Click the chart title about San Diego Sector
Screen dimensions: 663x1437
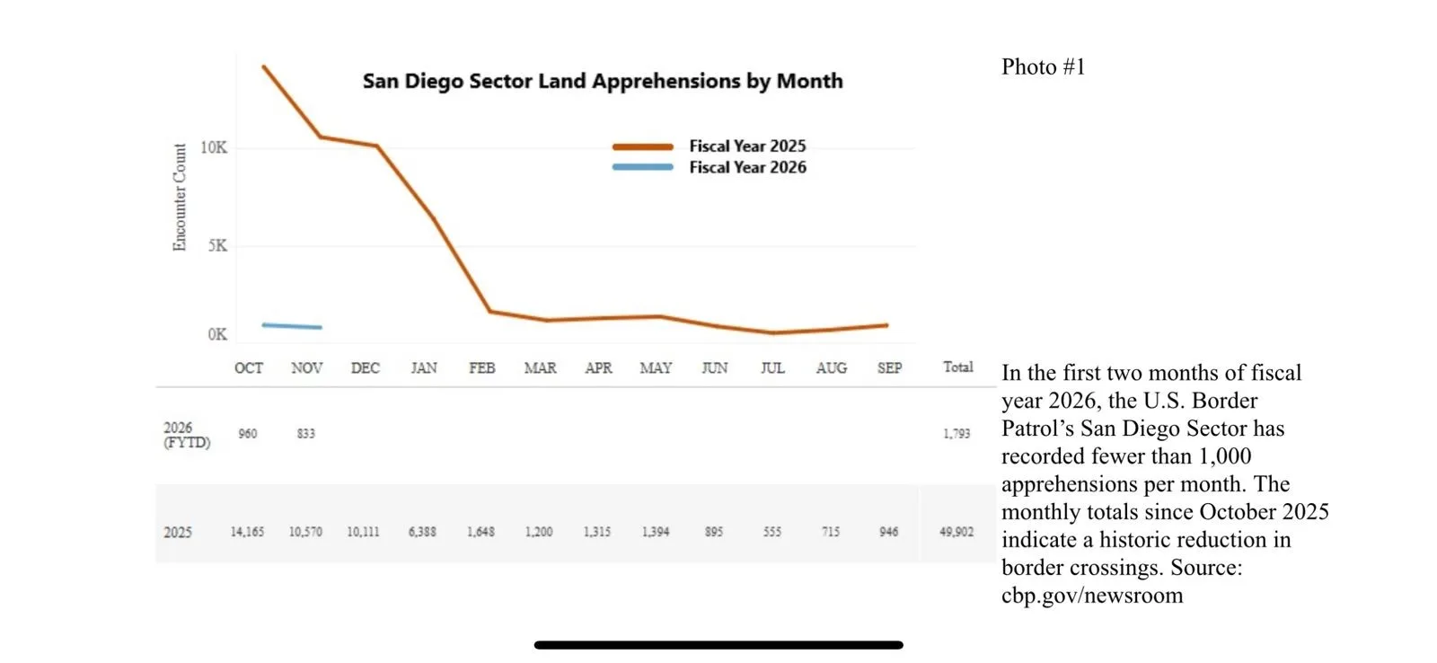click(x=603, y=81)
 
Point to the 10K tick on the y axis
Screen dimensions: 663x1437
click(x=214, y=147)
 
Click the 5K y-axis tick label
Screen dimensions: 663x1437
click(x=217, y=245)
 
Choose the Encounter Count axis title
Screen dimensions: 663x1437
click(x=180, y=197)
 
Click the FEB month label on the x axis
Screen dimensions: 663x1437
click(x=481, y=367)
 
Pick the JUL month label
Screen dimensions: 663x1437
click(x=772, y=367)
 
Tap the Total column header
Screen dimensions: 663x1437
click(x=957, y=367)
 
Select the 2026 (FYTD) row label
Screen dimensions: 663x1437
click(x=187, y=435)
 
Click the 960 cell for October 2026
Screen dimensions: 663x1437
click(x=248, y=434)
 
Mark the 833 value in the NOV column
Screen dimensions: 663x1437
click(x=306, y=434)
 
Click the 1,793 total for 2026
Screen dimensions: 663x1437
click(x=957, y=434)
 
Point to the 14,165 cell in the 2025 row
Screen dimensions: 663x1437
click(x=247, y=532)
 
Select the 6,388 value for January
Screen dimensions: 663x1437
click(x=422, y=532)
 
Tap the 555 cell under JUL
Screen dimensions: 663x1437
click(x=772, y=532)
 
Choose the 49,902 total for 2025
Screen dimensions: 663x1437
click(x=957, y=532)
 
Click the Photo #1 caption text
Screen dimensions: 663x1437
click(x=1043, y=67)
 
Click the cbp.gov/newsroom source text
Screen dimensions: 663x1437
click(x=1092, y=595)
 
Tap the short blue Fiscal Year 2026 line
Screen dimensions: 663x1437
click(x=292, y=326)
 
